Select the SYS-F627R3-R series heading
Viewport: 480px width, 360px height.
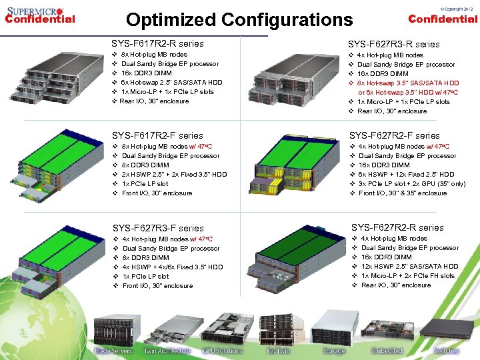click(x=394, y=44)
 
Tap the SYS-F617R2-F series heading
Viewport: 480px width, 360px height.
click(x=157, y=135)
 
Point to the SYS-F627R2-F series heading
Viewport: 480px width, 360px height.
click(x=395, y=135)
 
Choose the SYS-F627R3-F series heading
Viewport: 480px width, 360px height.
click(x=158, y=228)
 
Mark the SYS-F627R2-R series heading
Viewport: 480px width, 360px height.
click(x=397, y=227)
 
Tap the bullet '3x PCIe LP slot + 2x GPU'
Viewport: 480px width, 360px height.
click(x=411, y=184)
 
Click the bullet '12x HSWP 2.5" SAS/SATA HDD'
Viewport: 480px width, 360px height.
click(x=410, y=267)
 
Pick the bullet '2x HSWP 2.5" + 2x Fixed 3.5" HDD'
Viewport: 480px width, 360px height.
click(x=175, y=175)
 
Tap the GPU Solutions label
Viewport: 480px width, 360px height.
click(x=222, y=351)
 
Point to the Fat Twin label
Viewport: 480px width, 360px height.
click(x=278, y=351)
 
